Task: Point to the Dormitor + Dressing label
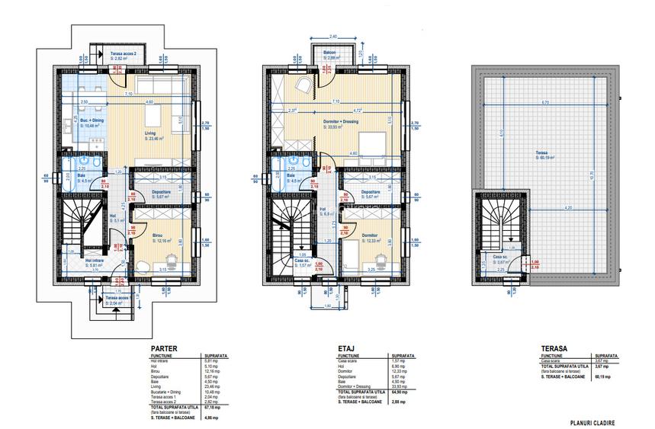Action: coord(342,123)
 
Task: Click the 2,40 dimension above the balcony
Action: coord(332,37)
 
